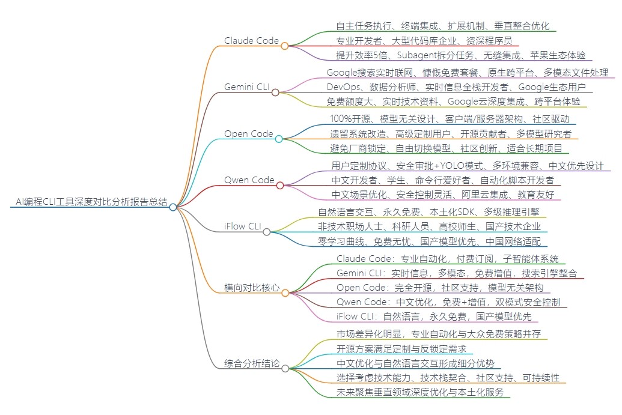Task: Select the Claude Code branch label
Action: [x=251, y=41]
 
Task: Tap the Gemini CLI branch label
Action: [x=246, y=87]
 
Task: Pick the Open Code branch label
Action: [x=249, y=133]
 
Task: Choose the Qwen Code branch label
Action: [x=249, y=180]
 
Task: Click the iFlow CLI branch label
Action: [x=242, y=226]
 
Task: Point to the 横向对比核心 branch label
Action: [x=252, y=288]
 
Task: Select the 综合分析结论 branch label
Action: [x=252, y=363]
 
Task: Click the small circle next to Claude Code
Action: [x=285, y=45]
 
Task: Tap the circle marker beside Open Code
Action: [x=279, y=139]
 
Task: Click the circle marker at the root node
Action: [x=173, y=207]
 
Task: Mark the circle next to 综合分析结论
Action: [x=285, y=368]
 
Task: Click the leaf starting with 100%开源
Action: [x=450, y=118]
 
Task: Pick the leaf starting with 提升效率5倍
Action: [x=460, y=55]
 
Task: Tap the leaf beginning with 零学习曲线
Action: [x=429, y=241]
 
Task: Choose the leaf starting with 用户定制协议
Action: [x=467, y=165]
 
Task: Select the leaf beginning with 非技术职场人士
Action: [x=429, y=226]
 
